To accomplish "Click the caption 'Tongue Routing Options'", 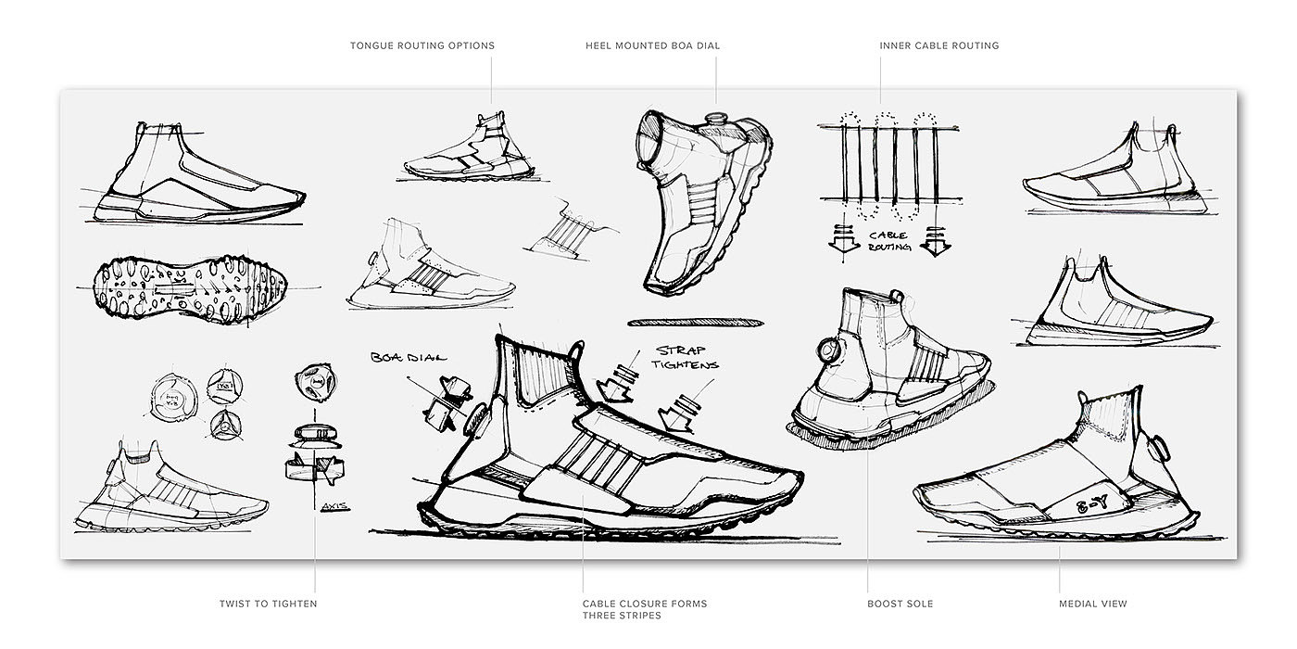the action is tap(422, 45).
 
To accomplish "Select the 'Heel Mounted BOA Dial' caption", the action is tap(652, 45).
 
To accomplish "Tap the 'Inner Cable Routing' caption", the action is tap(938, 45).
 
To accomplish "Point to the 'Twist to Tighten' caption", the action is tap(268, 604).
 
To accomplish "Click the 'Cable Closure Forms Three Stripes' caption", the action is tap(644, 609).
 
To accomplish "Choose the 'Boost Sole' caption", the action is tap(900, 604).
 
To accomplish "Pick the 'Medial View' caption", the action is tap(1093, 604).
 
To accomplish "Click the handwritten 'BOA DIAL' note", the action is tap(409, 357).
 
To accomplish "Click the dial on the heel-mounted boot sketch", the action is tap(714, 121).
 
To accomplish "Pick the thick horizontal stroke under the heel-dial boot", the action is tap(696, 322).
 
